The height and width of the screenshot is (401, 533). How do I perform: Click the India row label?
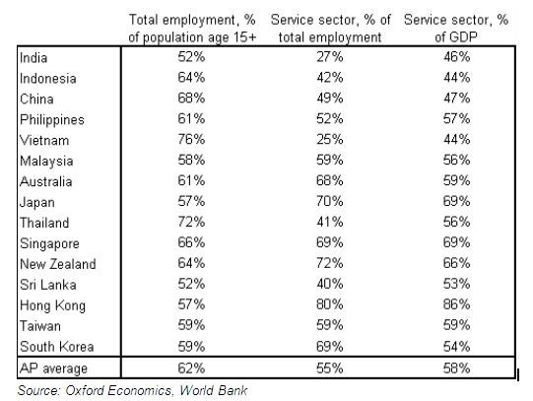pos(33,58)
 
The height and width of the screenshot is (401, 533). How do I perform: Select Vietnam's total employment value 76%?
pos(191,139)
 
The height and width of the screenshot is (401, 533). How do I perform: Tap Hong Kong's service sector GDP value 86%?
pos(456,304)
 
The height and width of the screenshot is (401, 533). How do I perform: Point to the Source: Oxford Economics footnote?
pos(132,390)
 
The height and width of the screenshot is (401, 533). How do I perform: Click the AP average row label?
pos(53,368)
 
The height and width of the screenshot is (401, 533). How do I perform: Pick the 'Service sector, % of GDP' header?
pos(456,29)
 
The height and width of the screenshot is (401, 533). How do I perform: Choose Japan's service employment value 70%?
pos(329,201)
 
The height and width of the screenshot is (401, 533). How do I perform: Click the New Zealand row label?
pos(58,264)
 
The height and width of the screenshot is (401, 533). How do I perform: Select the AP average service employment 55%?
pos(329,368)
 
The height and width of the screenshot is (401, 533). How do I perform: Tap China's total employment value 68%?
pos(191,99)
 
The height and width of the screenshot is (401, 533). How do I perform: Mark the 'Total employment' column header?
pos(192,29)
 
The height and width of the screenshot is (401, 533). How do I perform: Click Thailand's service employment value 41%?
pos(329,222)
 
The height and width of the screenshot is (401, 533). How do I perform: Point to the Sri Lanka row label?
pos(48,285)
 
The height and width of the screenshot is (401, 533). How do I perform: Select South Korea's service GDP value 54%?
pos(456,347)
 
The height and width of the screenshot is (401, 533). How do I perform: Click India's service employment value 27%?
pos(329,57)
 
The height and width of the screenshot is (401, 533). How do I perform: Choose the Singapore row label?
pos(49,243)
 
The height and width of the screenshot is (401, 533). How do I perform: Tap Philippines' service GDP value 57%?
pos(456,118)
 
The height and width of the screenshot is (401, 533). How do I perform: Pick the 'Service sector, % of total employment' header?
pos(330,29)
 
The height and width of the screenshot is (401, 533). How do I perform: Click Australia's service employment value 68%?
pos(329,180)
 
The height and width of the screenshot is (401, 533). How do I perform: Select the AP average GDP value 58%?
pos(456,368)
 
